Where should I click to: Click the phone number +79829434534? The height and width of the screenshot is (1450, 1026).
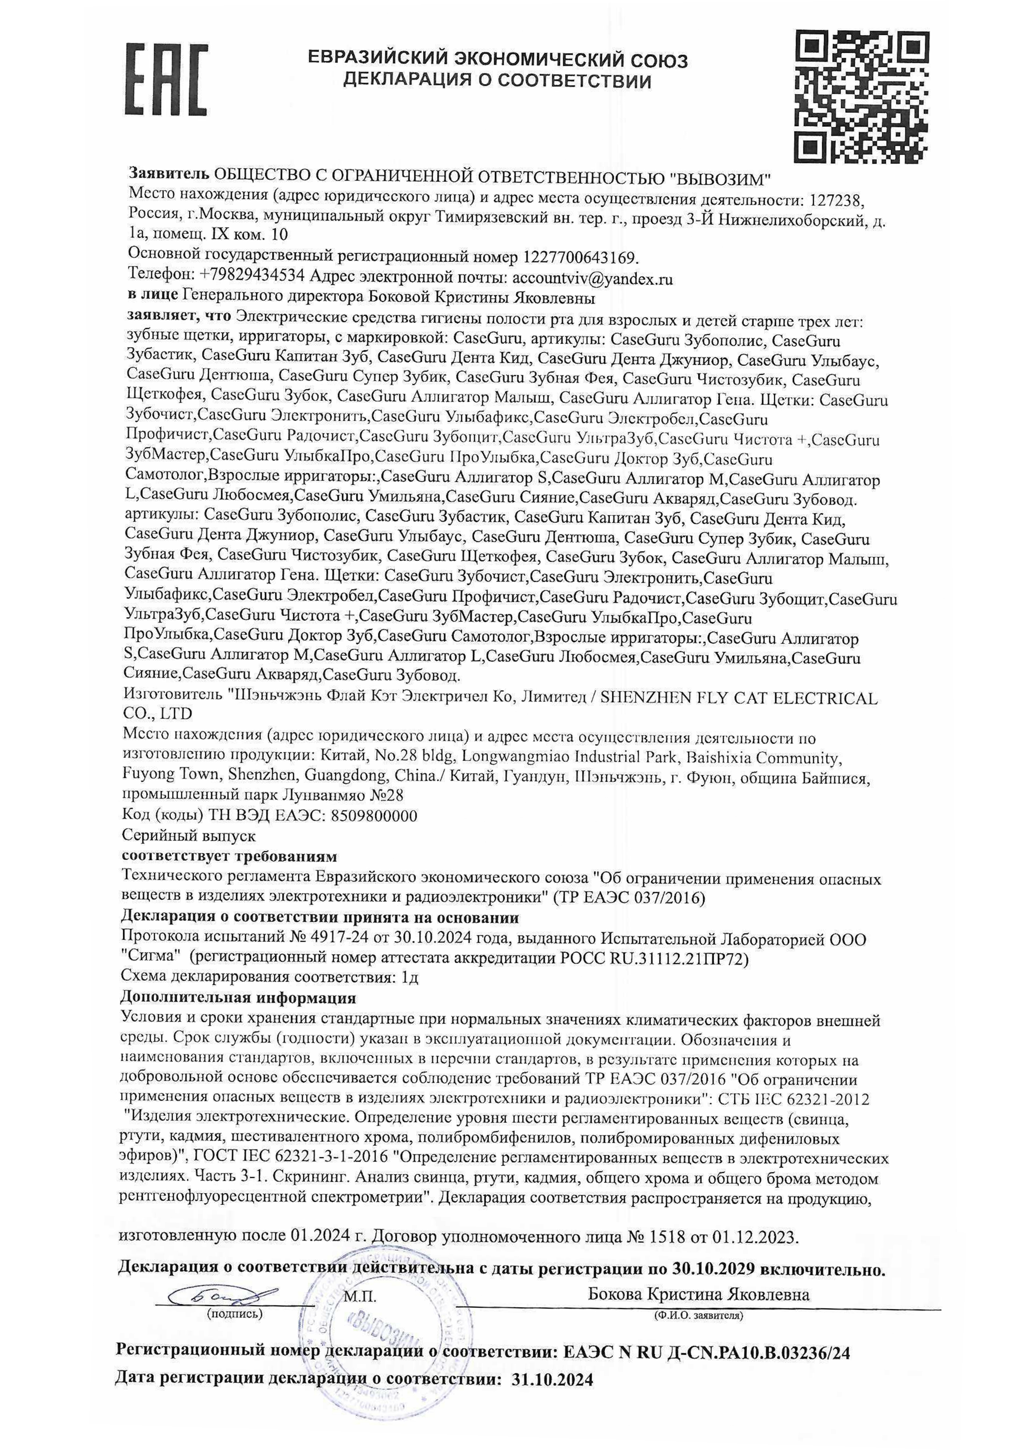pos(252,277)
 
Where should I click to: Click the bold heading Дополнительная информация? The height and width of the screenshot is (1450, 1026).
pos(238,998)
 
